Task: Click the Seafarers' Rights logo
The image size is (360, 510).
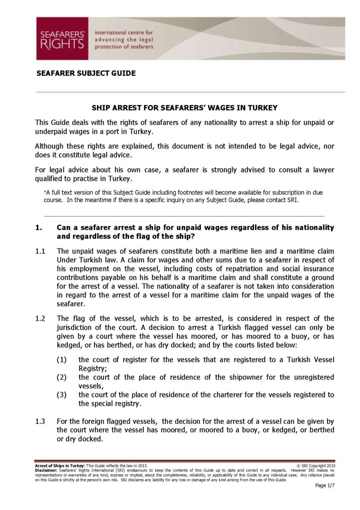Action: (x=61, y=38)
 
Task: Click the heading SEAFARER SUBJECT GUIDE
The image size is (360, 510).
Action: (x=86, y=73)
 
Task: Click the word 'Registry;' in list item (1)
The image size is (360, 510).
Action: (x=93, y=369)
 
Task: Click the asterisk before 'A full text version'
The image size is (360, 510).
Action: (x=45, y=192)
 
